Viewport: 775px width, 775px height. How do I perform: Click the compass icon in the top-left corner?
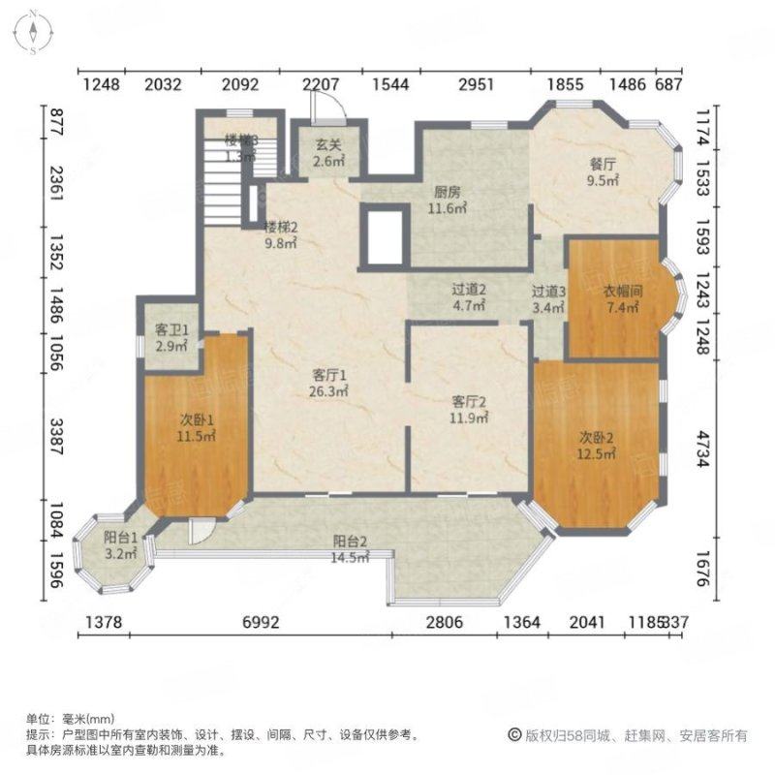click(32, 30)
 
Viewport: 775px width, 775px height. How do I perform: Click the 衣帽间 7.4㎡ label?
click(623, 299)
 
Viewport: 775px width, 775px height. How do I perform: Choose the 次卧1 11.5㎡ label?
click(197, 427)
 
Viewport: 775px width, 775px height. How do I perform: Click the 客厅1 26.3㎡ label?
click(329, 383)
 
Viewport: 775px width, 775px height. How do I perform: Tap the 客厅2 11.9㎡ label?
click(469, 409)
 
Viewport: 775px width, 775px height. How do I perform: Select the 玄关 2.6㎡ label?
click(329, 154)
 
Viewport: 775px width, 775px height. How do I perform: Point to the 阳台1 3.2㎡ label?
click(120, 546)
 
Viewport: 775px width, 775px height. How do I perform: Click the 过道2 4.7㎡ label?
click(468, 297)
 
